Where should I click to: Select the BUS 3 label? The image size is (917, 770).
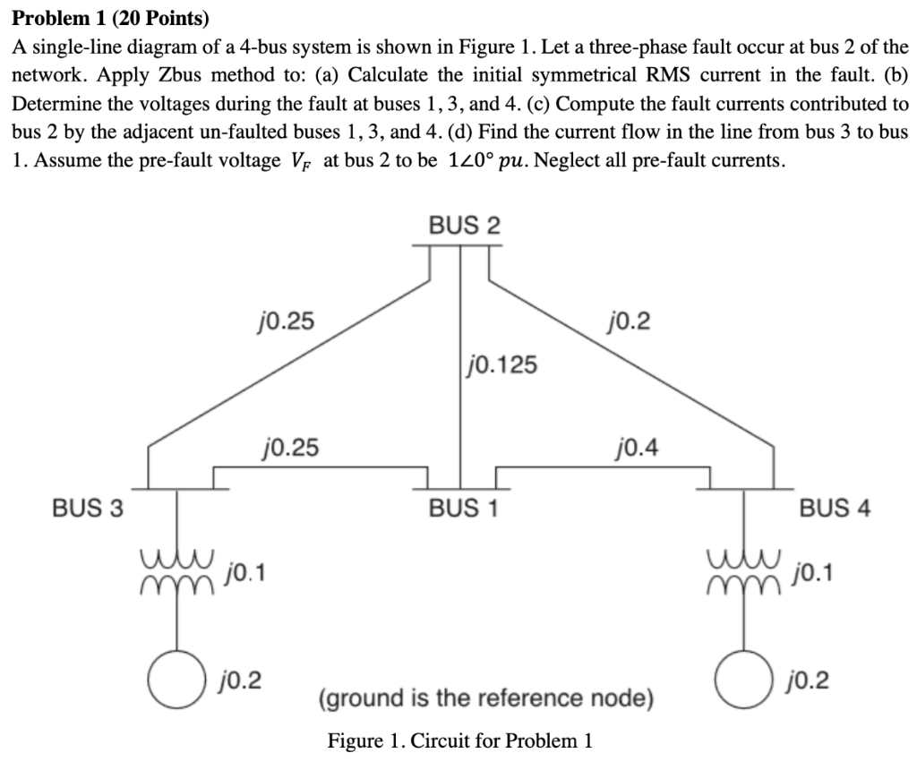[87, 508]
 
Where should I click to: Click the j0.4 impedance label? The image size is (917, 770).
[637, 445]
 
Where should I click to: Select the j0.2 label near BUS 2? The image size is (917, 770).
[630, 320]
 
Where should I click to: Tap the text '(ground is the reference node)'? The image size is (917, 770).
[486, 697]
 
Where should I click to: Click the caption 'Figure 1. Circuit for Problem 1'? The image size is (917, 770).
[460, 741]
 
